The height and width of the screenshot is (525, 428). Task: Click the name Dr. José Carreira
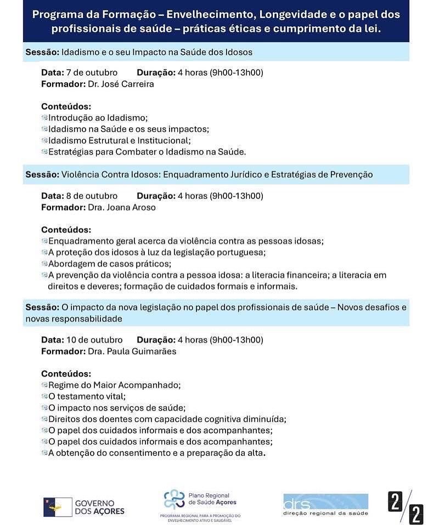121,84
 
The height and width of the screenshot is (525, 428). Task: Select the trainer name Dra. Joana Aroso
121,208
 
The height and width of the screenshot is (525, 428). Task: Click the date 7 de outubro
92,72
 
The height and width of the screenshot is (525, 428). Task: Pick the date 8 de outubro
92,196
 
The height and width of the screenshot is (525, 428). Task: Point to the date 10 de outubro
94,340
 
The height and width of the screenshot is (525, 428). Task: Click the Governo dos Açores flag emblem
58,507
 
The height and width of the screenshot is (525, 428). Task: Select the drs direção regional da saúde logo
325,504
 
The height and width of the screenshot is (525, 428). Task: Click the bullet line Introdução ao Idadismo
98,118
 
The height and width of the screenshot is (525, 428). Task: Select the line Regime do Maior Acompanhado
114,385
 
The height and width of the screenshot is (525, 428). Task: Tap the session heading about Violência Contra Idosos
217,175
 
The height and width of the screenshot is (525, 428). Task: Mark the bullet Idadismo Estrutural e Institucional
119,140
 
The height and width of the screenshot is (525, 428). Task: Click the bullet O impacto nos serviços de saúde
117,408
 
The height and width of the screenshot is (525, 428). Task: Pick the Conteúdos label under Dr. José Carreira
66,106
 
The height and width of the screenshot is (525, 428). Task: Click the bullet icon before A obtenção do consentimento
44,453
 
